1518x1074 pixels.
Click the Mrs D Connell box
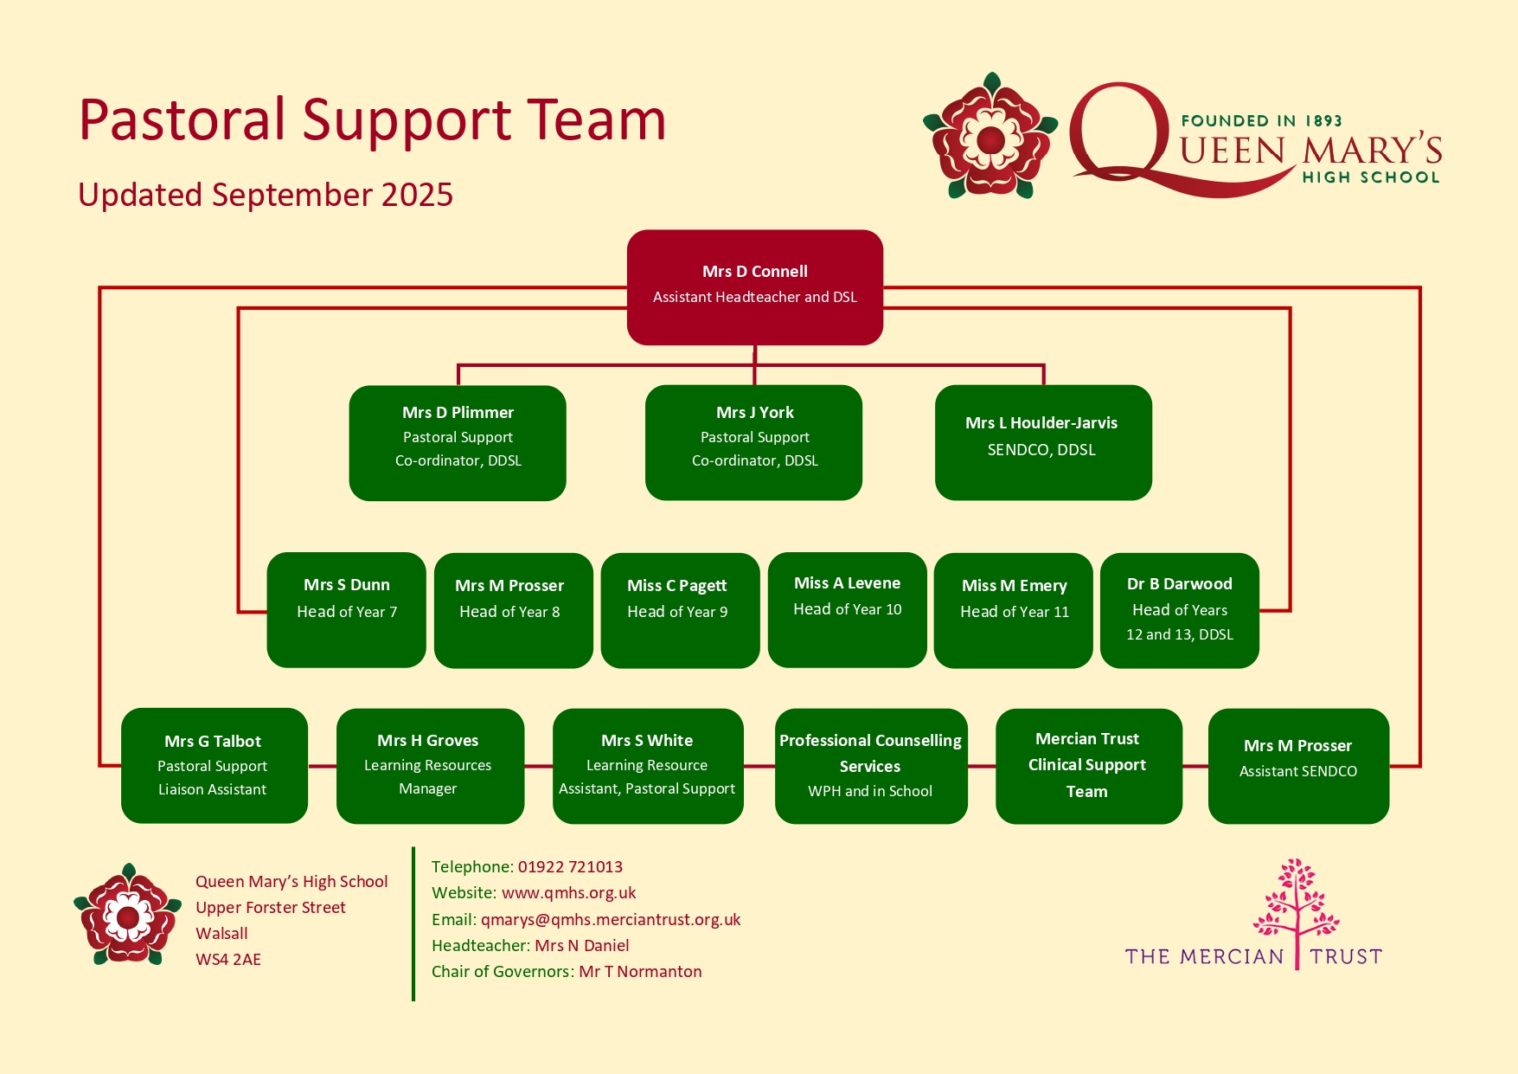click(754, 287)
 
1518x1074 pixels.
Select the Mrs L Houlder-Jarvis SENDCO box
click(1043, 442)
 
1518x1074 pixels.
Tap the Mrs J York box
click(753, 442)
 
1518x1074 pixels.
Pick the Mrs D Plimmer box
click(458, 442)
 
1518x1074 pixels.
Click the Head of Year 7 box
click(346, 610)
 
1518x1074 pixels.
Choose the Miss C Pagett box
click(680, 610)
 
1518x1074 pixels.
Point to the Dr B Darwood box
click(1180, 610)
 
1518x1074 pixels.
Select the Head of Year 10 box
click(847, 610)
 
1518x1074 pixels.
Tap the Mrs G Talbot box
click(215, 766)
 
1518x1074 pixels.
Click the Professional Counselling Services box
click(871, 766)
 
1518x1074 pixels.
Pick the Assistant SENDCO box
click(1298, 766)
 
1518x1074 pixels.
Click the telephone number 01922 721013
click(570, 867)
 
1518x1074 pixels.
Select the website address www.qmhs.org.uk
click(568, 893)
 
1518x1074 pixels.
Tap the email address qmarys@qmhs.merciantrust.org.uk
click(611, 920)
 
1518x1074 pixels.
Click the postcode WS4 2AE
click(228, 960)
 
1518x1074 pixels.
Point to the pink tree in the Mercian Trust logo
click(1297, 909)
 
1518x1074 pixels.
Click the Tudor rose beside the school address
click(127, 915)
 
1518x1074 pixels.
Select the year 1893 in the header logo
click(1323, 121)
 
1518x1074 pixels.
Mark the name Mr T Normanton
click(640, 972)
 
